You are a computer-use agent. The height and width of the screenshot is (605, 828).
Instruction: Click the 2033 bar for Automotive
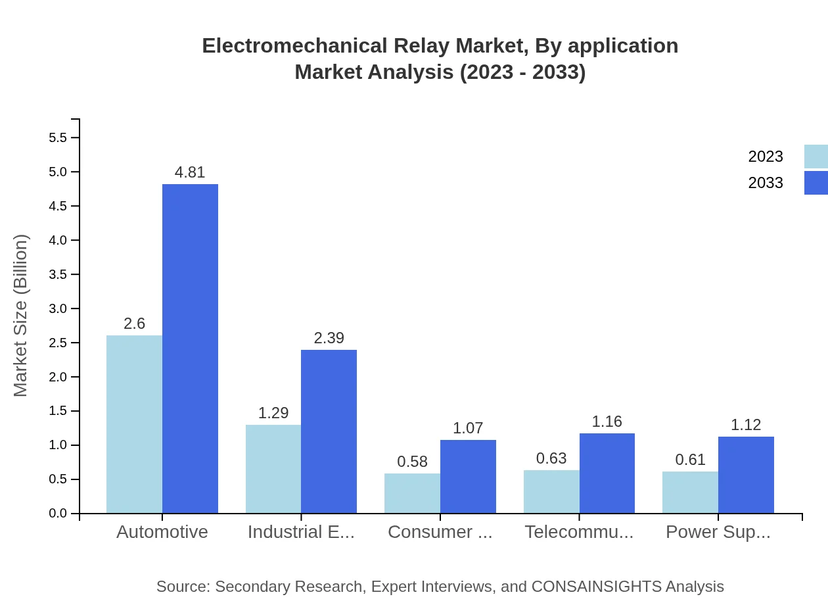tap(190, 349)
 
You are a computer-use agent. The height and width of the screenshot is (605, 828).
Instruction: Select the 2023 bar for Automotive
tap(134, 424)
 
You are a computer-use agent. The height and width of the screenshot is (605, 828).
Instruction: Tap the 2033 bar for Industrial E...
tap(329, 431)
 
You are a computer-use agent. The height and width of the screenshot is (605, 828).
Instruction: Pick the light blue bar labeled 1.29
tap(273, 469)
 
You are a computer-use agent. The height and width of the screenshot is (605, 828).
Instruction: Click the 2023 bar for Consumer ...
tap(412, 493)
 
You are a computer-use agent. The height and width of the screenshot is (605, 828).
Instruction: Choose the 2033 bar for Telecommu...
tap(607, 473)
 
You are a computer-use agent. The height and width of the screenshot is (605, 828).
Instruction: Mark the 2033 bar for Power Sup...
tap(746, 475)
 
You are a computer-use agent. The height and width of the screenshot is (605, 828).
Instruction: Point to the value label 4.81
tap(190, 172)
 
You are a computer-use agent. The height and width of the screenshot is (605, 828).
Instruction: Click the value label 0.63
tap(551, 458)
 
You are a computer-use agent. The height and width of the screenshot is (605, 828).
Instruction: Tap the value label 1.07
tap(468, 428)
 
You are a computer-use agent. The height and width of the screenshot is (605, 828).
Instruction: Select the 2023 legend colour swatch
tap(816, 157)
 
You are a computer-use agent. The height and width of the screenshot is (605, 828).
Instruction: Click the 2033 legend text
tap(766, 183)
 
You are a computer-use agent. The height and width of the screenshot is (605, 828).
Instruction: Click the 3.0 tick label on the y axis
tap(58, 308)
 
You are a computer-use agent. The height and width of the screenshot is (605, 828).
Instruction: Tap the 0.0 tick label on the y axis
tap(58, 514)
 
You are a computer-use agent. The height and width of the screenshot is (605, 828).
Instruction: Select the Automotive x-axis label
tap(162, 532)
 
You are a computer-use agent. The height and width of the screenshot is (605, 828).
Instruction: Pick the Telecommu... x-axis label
tap(579, 532)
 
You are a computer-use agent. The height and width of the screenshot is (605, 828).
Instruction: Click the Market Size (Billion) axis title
tap(21, 316)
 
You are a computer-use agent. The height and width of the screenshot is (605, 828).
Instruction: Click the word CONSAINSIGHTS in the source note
tap(596, 587)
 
